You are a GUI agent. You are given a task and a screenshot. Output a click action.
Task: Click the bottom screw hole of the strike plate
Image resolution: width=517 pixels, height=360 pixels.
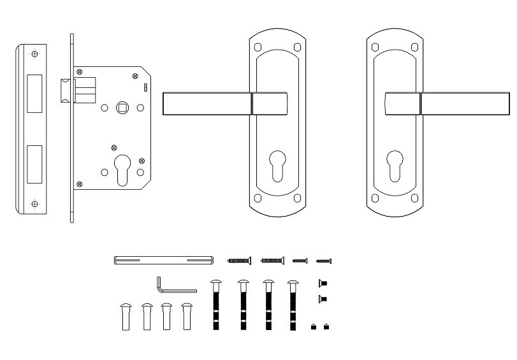click(35, 204)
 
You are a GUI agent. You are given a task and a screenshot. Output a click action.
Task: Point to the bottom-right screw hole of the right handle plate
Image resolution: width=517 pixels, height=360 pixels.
click(416, 197)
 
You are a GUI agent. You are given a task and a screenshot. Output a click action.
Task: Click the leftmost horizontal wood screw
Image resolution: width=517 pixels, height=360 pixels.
click(239, 260)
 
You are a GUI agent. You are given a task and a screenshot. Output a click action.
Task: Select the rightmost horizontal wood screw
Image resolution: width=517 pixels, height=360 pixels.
click(324, 260)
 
